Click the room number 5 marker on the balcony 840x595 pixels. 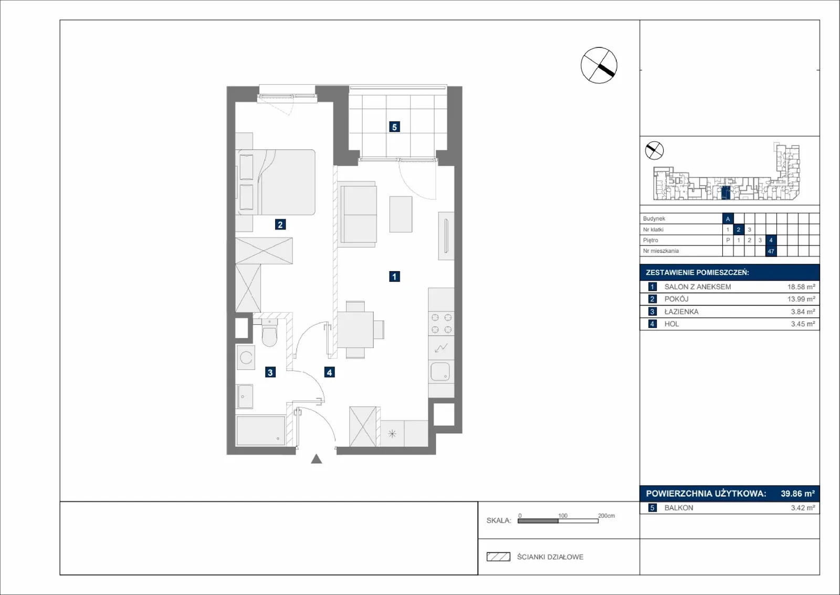(x=394, y=127)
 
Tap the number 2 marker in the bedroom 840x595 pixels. (x=280, y=224)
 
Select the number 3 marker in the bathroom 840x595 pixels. (x=270, y=372)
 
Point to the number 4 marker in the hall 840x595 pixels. (x=329, y=372)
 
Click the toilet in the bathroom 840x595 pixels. (x=269, y=332)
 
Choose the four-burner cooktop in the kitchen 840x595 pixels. (x=442, y=324)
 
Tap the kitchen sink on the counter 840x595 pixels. (x=440, y=372)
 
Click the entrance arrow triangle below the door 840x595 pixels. (x=317, y=459)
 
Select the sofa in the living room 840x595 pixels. (x=357, y=214)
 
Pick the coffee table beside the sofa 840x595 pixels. (x=401, y=214)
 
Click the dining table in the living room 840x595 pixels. (x=355, y=330)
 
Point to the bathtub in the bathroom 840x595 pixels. (x=260, y=430)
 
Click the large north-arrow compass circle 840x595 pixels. (x=599, y=65)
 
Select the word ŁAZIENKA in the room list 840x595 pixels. (x=681, y=312)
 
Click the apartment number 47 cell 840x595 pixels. (x=771, y=251)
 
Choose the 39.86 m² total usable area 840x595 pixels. (x=797, y=493)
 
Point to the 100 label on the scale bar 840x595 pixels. (x=562, y=516)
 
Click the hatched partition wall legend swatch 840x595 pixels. (x=498, y=557)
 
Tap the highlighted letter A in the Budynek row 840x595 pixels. (x=728, y=219)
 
